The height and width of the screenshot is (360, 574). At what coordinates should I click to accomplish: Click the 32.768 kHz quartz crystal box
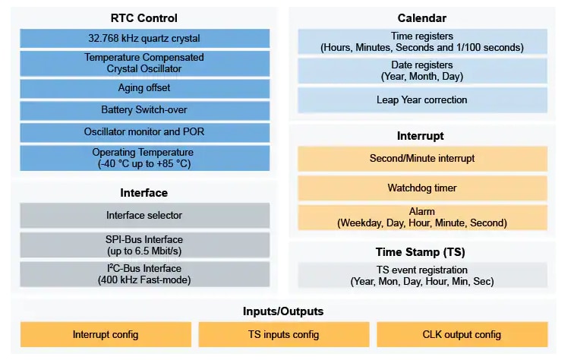[x=144, y=39]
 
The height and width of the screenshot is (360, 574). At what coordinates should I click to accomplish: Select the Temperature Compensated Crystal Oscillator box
[x=144, y=63]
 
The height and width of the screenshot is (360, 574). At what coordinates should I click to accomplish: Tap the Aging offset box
[x=144, y=88]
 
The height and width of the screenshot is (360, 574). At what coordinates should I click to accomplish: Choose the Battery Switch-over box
[x=144, y=110]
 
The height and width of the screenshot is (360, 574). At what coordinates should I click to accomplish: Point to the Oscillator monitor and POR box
[x=144, y=132]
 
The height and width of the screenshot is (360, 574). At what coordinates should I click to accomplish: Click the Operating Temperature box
[x=144, y=158]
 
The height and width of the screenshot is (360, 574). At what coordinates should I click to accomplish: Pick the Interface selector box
[x=144, y=216]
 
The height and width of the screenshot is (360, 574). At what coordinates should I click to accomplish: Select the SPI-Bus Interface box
[x=144, y=245]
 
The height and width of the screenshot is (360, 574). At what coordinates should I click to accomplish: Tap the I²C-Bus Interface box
[x=144, y=273]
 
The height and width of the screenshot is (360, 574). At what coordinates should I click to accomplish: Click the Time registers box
[x=422, y=42]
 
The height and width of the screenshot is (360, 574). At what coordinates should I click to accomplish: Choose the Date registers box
[x=422, y=71]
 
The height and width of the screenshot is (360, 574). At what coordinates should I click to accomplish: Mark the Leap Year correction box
[x=422, y=99]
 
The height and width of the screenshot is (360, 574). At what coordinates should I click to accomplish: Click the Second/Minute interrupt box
[x=422, y=159]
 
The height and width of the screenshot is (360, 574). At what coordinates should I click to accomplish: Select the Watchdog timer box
[x=422, y=188]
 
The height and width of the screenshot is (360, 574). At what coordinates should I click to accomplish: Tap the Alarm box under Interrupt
[x=422, y=217]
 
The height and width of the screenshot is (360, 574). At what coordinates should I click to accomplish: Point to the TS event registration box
[x=422, y=275]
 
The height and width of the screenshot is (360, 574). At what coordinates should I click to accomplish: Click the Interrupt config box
[x=106, y=334]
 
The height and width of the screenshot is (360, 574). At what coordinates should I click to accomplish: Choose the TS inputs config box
[x=283, y=334]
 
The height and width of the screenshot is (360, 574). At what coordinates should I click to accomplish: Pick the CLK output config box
[x=462, y=334]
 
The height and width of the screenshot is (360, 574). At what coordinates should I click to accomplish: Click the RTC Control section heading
[x=144, y=18]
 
